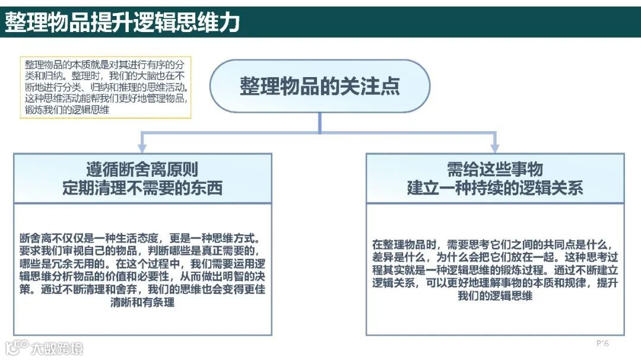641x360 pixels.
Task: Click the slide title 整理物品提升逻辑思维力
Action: click(x=122, y=22)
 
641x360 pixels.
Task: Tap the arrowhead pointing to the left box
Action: click(x=142, y=146)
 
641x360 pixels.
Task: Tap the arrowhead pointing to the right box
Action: click(x=494, y=146)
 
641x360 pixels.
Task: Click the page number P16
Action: click(x=602, y=343)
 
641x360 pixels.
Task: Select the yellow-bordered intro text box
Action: click(x=106, y=87)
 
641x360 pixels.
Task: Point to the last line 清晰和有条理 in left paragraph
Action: click(x=142, y=302)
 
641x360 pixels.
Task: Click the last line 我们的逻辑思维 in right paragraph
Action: click(x=494, y=296)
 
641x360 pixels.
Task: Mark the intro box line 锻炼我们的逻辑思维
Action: click(x=66, y=110)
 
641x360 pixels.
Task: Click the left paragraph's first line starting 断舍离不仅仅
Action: click(x=142, y=238)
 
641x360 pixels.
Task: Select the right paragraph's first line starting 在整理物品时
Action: click(x=494, y=244)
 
